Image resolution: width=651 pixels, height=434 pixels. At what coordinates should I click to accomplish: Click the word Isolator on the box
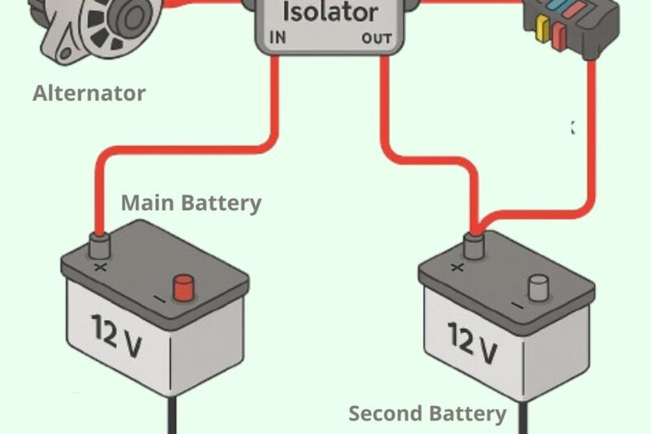point(330,13)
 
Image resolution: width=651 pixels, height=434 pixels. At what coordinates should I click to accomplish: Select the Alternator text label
point(89,94)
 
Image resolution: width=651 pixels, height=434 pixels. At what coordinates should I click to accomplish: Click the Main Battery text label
point(191,203)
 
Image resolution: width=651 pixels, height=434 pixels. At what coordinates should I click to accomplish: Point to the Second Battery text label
point(427,414)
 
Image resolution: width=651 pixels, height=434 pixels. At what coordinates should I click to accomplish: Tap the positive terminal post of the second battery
point(471,245)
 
